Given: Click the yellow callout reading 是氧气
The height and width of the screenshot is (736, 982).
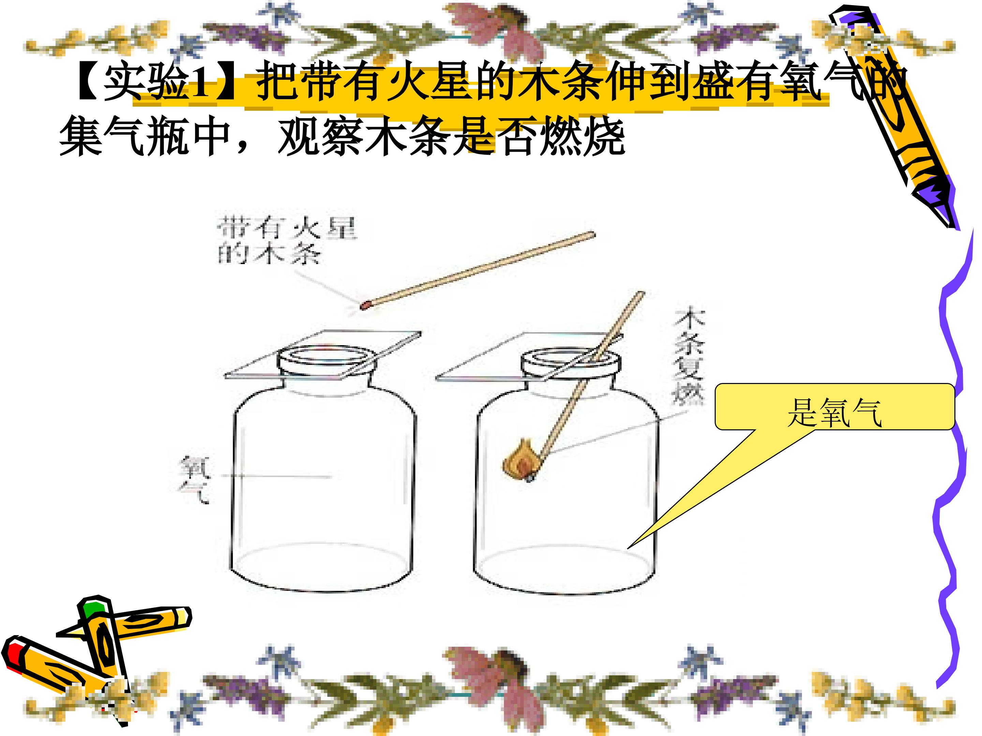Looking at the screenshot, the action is [835, 407].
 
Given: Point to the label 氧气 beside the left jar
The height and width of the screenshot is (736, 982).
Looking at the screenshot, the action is [194, 480].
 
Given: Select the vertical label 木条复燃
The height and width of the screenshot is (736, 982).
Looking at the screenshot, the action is [688, 357].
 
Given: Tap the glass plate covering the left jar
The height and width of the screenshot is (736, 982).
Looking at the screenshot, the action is [323, 355].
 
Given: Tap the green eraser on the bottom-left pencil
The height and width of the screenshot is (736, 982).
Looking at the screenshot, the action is [94, 608].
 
